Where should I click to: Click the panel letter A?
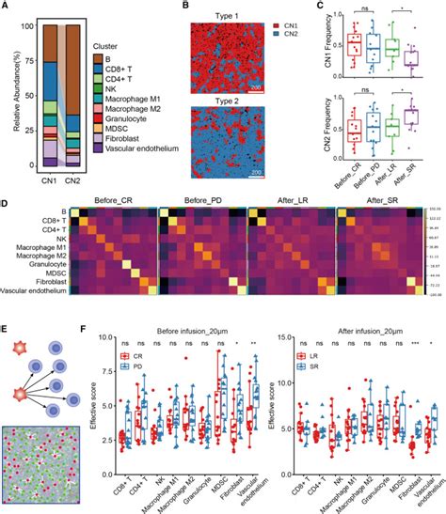coord(6,8)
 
